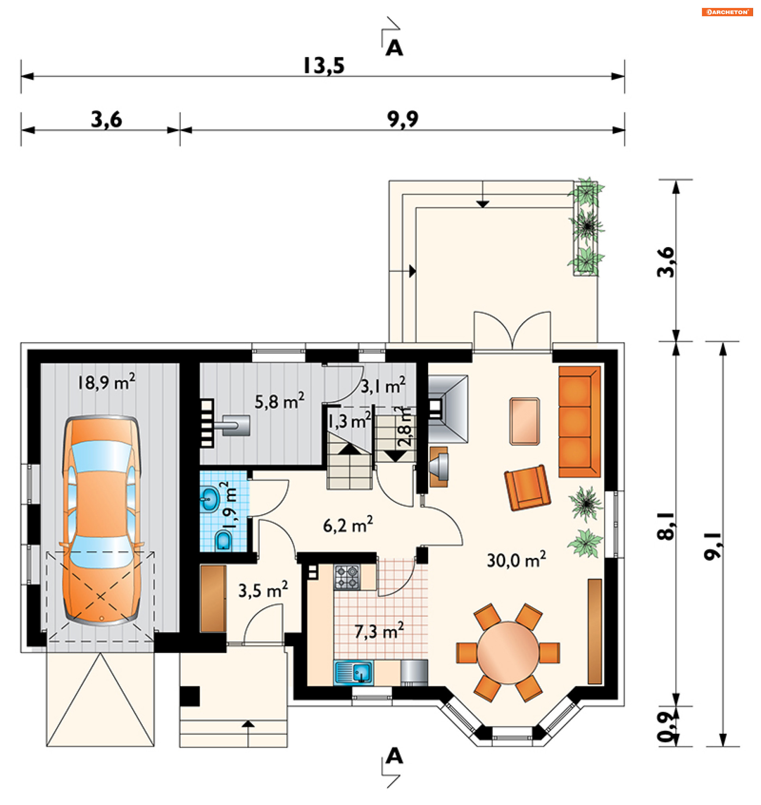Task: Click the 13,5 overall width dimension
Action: (x=324, y=66)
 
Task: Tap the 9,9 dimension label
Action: (x=402, y=120)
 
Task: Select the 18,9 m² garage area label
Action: (x=106, y=382)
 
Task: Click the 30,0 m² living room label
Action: (x=516, y=560)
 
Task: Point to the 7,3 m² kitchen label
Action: (x=379, y=631)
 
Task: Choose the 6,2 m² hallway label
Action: (x=348, y=525)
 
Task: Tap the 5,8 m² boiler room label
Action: (x=279, y=401)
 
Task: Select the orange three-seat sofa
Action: (x=579, y=422)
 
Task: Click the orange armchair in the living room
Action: (x=527, y=487)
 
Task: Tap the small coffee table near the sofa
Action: (x=524, y=421)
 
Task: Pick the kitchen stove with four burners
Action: (x=347, y=577)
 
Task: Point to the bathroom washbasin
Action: (x=210, y=499)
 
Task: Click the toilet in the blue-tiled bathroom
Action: (x=223, y=540)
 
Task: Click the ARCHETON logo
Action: (x=727, y=12)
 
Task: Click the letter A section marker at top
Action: (x=394, y=48)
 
